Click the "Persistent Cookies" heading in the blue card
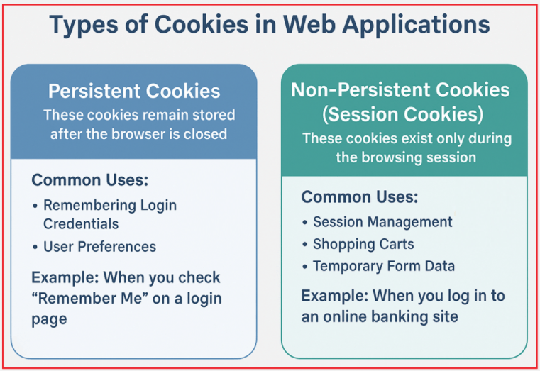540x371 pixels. click(134, 92)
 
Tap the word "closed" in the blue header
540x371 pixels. click(206, 133)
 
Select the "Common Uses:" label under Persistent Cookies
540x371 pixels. click(90, 179)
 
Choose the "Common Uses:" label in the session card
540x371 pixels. click(360, 196)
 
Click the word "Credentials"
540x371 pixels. click(81, 223)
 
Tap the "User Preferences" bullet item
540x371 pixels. click(99, 247)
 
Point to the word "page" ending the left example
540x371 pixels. click(49, 319)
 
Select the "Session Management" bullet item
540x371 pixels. click(382, 222)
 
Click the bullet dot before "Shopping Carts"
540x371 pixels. click(305, 245)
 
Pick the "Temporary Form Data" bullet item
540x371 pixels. click(384, 266)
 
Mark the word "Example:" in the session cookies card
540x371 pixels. click(334, 295)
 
